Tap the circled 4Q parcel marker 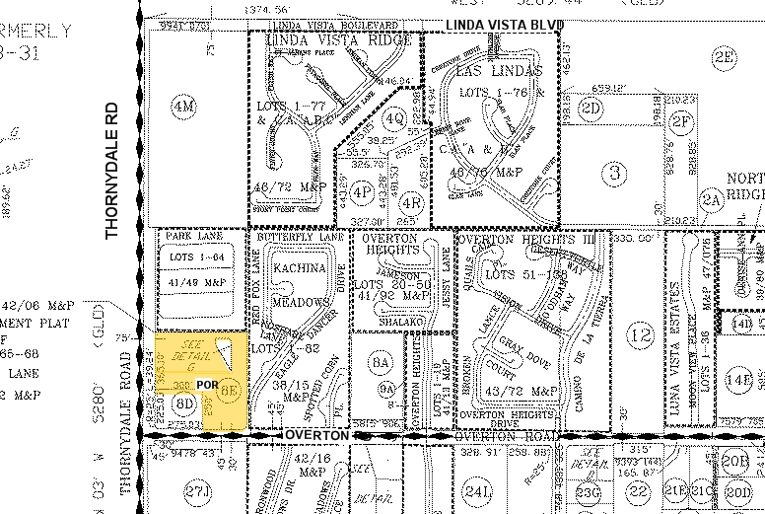(x=395, y=120)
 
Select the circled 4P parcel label (x=362, y=191)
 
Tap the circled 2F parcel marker (x=681, y=120)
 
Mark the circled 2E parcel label (x=725, y=57)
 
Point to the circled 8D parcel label (x=183, y=403)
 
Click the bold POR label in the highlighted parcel (x=207, y=384)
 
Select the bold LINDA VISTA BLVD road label (x=503, y=24)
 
